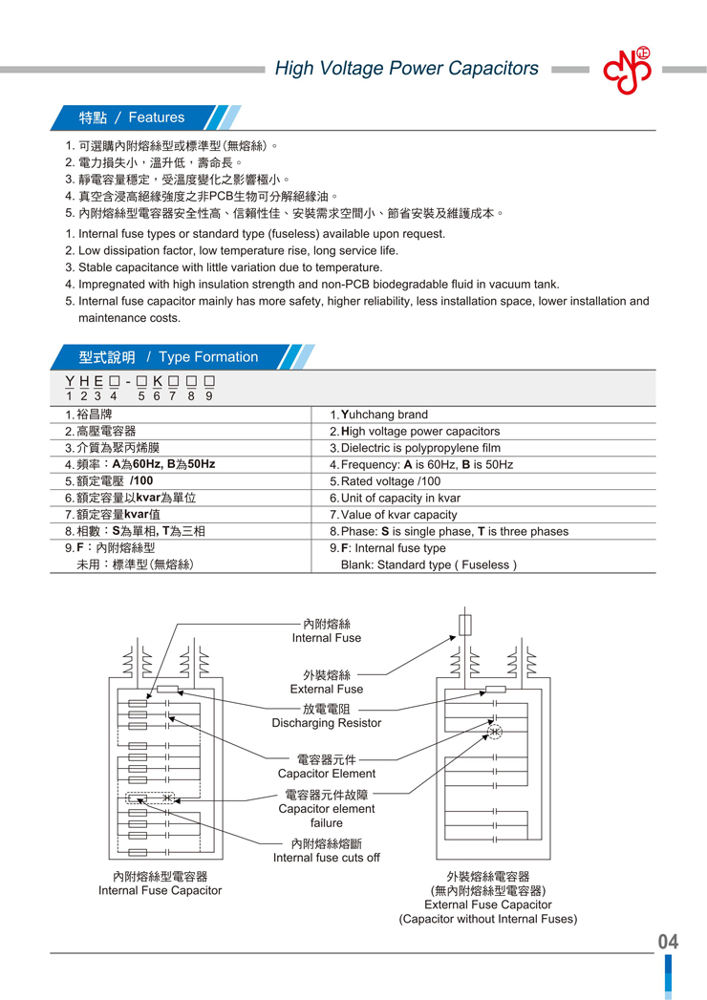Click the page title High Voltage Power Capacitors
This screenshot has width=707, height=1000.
point(406,69)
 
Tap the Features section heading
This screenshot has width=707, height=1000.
point(132,117)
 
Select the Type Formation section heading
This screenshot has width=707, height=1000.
point(168,357)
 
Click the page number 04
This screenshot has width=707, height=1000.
point(668,942)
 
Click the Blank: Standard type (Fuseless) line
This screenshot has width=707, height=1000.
point(429,564)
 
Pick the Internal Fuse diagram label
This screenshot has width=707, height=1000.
point(327,638)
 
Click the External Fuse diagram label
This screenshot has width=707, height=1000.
point(327,689)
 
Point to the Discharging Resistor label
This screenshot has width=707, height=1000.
point(327,723)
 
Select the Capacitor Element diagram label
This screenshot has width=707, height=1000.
point(327,774)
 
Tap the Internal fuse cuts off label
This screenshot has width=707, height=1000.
point(327,858)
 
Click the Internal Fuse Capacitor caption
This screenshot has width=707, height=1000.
point(161,890)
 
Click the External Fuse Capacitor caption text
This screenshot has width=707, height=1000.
point(488,904)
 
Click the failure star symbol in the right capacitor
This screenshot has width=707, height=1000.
point(494,733)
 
